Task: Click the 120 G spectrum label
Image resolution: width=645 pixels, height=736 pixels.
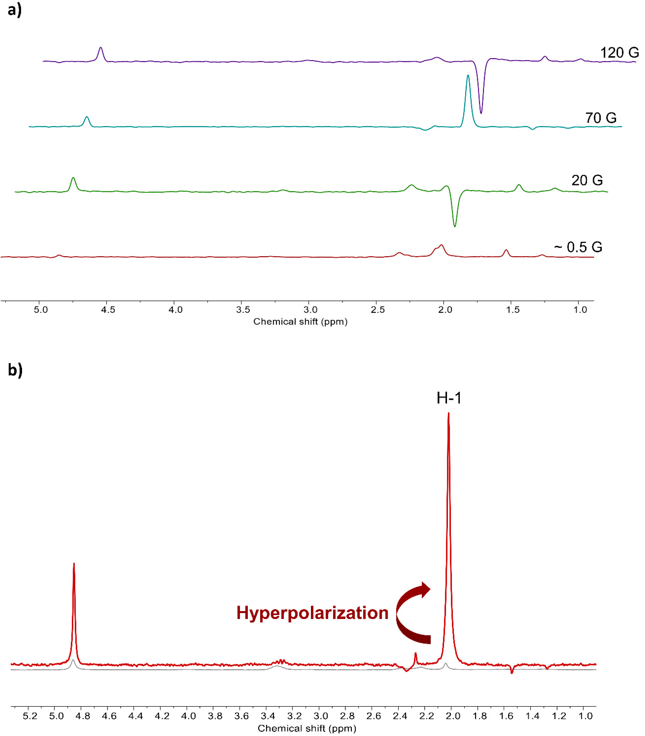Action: coord(619,53)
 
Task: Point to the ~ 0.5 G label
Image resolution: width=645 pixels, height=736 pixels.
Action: coord(578,247)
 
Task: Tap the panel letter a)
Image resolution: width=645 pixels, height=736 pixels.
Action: coord(14,10)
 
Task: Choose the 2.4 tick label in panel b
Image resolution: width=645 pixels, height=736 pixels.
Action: coord(400,716)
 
